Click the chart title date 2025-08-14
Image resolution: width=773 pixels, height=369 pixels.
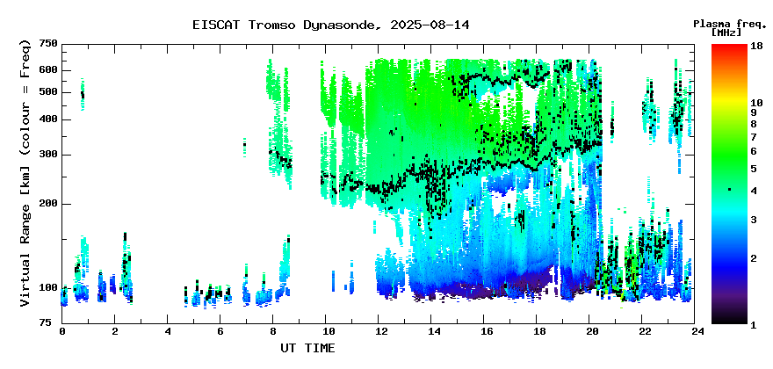(x=430, y=25)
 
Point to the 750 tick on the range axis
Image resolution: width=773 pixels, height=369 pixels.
(x=51, y=45)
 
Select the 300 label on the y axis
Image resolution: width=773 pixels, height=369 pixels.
(x=51, y=155)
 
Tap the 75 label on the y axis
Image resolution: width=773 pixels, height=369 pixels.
(x=51, y=322)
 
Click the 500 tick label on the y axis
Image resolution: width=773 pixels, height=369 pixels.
(x=51, y=92)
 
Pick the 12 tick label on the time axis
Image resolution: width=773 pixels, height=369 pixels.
(x=378, y=331)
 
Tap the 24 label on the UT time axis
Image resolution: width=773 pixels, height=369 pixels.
(x=694, y=331)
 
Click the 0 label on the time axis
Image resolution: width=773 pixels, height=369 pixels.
(x=62, y=331)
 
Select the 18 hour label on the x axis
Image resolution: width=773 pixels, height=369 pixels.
(x=537, y=331)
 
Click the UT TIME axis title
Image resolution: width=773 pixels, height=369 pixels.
(x=307, y=348)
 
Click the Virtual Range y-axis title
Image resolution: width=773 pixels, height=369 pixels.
(x=25, y=173)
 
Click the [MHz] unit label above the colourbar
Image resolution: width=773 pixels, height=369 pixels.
(x=726, y=32)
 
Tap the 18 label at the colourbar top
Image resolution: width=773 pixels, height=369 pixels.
(x=756, y=46)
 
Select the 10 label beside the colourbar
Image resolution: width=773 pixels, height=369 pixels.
(x=756, y=103)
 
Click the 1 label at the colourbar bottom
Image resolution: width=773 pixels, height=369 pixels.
(x=754, y=324)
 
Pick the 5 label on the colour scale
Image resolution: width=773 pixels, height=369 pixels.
(x=754, y=169)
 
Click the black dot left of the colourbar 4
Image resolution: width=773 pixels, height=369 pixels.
(x=730, y=190)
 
